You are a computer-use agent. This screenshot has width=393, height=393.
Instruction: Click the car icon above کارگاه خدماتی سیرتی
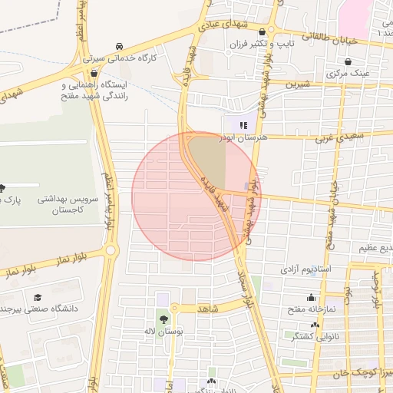pyautogui.click(x=118, y=47)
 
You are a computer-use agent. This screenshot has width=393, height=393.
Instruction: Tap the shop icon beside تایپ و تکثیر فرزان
pyautogui.click(x=264, y=32)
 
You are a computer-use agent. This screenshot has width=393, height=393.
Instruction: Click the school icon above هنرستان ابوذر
pyautogui.click(x=243, y=124)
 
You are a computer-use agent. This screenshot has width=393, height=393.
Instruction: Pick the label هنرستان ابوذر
pyautogui.click(x=241, y=136)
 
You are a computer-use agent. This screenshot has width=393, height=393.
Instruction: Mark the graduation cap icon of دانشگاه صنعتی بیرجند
pyautogui.click(x=38, y=297)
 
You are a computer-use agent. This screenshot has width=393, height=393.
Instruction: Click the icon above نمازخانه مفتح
pyautogui.click(x=311, y=298)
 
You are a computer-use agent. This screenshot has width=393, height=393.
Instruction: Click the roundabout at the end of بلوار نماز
pyautogui.click(x=112, y=251)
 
